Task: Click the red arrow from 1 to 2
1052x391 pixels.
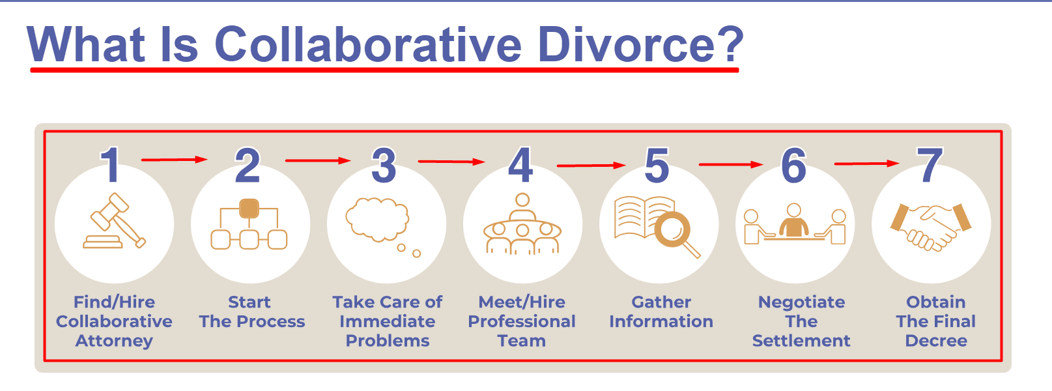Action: (173, 159)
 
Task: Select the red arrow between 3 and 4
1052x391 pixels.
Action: (451, 161)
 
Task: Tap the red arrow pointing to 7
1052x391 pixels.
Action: (866, 164)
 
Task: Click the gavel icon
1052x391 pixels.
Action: (115, 222)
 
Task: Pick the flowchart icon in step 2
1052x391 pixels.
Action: (249, 225)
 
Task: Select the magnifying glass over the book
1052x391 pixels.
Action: (674, 231)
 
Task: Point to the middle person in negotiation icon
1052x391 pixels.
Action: (793, 222)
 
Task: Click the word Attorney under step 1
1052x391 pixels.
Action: (114, 341)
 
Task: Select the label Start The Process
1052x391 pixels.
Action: (251, 312)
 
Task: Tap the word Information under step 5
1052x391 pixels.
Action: (661, 321)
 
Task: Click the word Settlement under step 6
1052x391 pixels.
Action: (801, 341)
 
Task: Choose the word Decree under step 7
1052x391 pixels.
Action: (936, 341)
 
